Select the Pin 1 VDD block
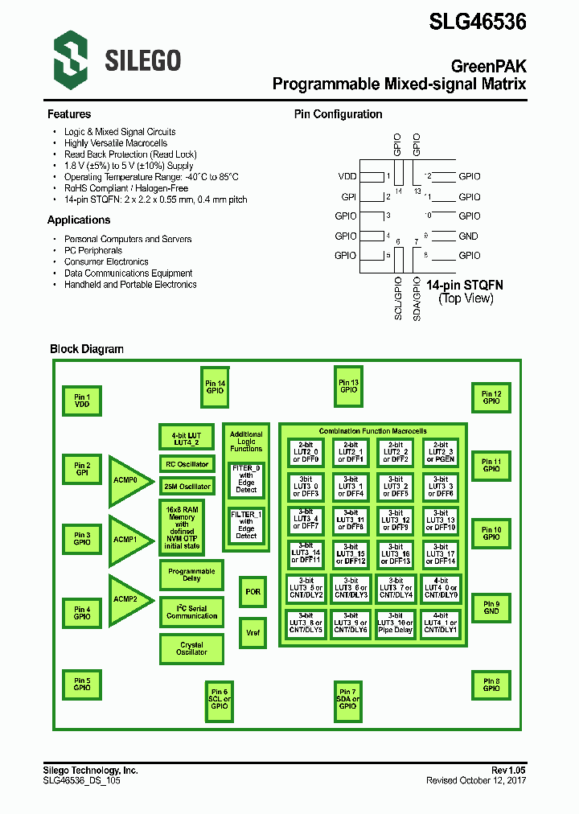click(82, 401)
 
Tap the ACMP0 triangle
click(127, 479)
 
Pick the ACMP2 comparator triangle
click(127, 599)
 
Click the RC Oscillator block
click(187, 465)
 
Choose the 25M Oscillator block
click(187, 487)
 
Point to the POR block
click(253, 591)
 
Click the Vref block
click(253, 632)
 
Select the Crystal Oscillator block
click(191, 648)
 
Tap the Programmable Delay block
click(191, 574)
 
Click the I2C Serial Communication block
click(191, 611)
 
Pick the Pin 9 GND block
click(491, 607)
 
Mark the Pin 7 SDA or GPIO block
click(348, 698)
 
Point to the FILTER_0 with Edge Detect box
click(246, 479)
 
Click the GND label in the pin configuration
click(468, 236)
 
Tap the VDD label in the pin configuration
click(347, 175)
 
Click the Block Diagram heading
click(87, 349)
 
